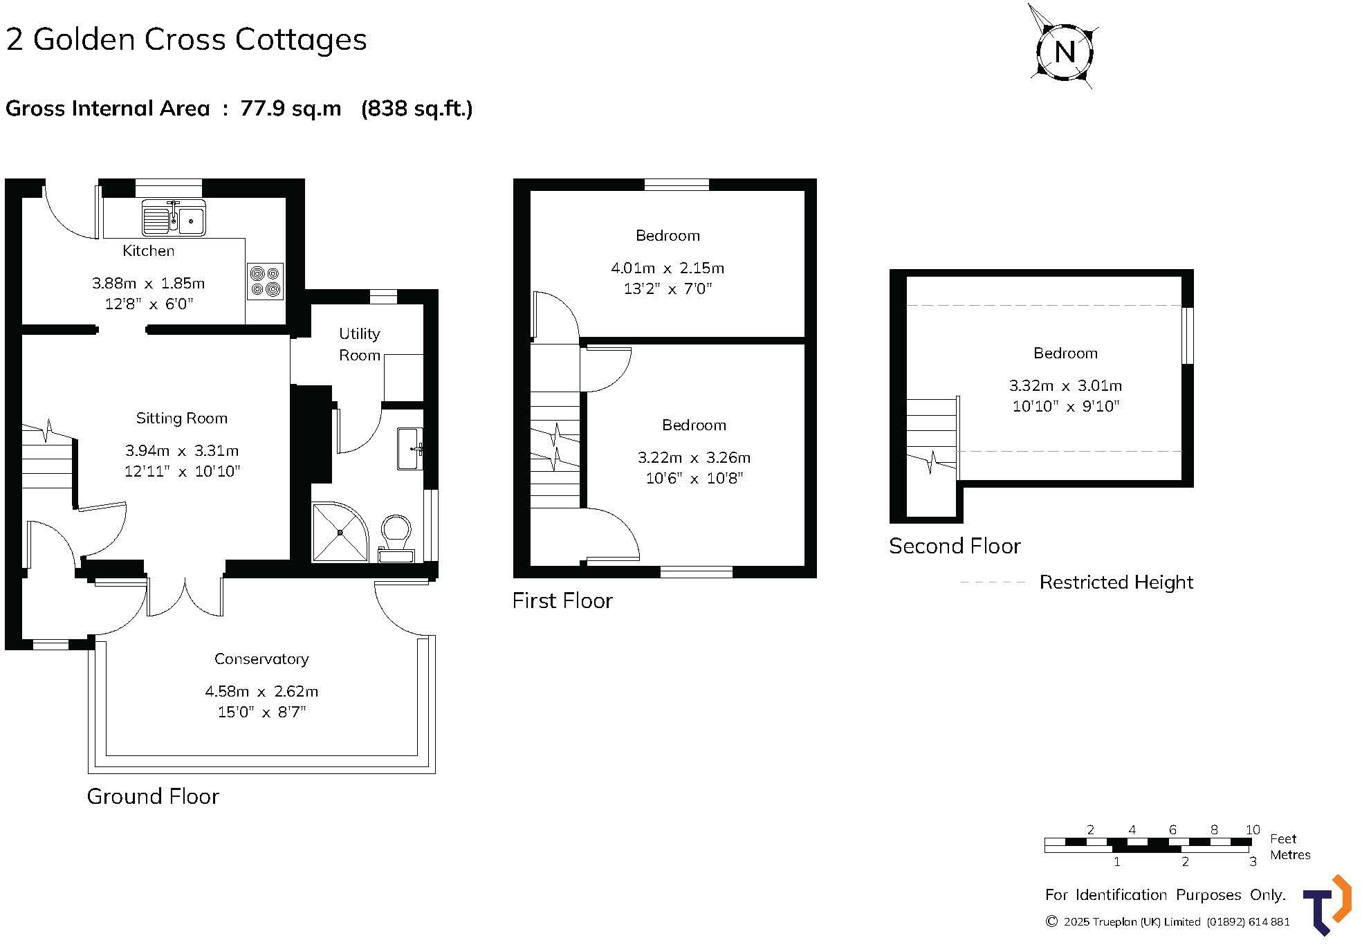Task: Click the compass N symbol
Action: [x=1065, y=52]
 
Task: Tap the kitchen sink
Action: [x=174, y=217]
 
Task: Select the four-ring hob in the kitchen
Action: [x=266, y=281]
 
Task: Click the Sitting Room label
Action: [x=182, y=418]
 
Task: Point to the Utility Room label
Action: [x=360, y=344]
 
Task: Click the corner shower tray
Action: [x=340, y=532]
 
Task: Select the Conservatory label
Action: [x=261, y=659]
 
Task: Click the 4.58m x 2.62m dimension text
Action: [x=261, y=691]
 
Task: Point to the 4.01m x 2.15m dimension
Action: [x=668, y=268]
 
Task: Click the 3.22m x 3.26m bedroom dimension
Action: [x=694, y=457]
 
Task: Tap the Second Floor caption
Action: [x=955, y=546]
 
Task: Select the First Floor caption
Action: [x=562, y=600]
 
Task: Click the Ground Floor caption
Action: [x=153, y=796]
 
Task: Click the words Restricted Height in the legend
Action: [x=1116, y=582]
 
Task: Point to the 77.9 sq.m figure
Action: [x=291, y=109]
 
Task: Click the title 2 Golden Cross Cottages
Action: [x=187, y=39]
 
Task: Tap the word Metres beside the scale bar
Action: [x=1290, y=855]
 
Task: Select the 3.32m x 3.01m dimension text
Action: [x=1065, y=385]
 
